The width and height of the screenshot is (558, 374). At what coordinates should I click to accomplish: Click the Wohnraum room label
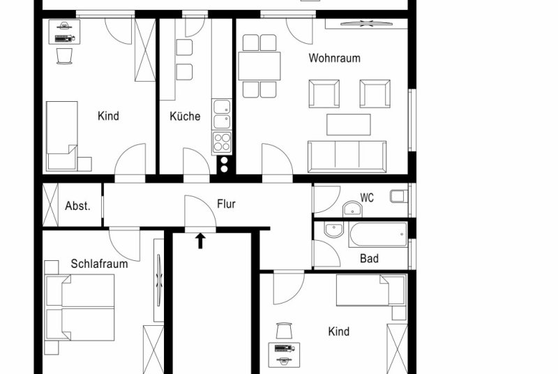pos(334,58)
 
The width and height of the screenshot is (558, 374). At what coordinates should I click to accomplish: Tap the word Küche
pos(185,116)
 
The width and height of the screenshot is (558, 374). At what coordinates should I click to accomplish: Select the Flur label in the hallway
pos(226,204)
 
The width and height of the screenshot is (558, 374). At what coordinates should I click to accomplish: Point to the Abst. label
pos(77,206)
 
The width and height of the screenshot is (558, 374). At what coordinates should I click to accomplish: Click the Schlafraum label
pos(99,264)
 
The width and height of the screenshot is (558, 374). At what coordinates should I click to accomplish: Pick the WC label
pos(367,198)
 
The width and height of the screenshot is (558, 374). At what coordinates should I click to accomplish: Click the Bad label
pos(369,258)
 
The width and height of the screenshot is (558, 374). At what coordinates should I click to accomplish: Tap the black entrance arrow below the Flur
pos(200,241)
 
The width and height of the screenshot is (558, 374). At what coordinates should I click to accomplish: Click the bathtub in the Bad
pos(378,234)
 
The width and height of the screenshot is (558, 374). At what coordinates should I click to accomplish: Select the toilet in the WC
pos(399,196)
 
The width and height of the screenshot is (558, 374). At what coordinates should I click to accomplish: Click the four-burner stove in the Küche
pos(222,142)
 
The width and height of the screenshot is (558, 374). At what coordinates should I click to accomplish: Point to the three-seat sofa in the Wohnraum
pos(347,156)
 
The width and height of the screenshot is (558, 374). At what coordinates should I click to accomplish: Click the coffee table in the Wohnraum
pos(348,124)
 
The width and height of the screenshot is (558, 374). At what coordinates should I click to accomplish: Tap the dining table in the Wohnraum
pos(259,66)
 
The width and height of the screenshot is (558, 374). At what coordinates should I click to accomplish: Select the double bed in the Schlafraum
pos(80,308)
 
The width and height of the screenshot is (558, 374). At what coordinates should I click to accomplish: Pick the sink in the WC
pos(352,209)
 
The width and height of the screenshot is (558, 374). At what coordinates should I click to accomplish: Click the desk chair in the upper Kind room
pos(64,56)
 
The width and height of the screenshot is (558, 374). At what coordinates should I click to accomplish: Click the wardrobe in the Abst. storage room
pos(50,205)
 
